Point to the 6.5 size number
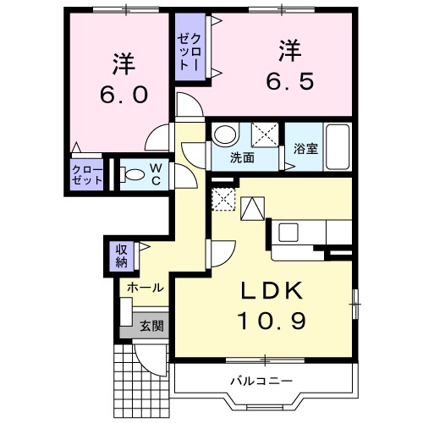[289, 80]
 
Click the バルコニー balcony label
[261, 380]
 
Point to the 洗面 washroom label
[243, 157]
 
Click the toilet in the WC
[133, 174]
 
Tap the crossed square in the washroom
[265, 134]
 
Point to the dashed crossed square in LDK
[223, 198]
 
